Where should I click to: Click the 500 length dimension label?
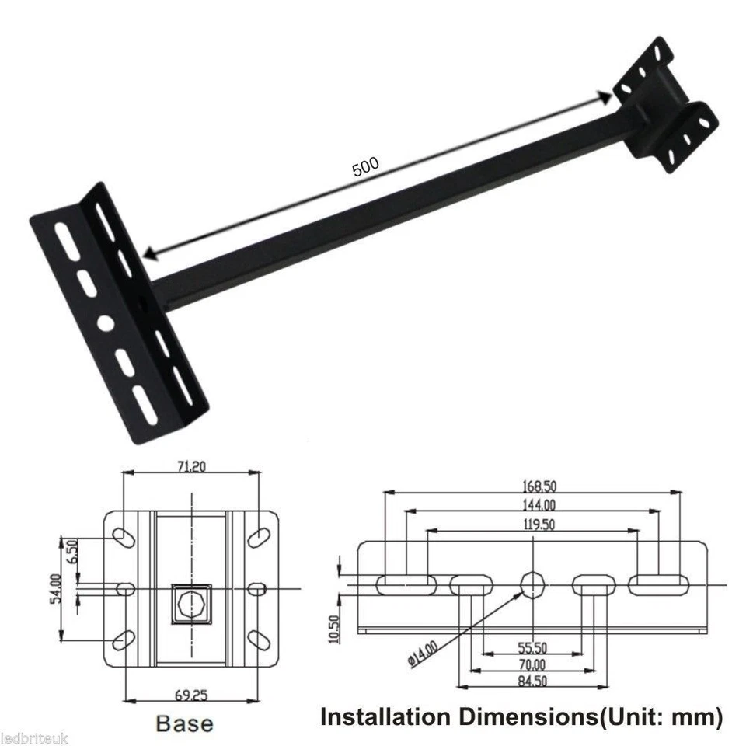point(365,167)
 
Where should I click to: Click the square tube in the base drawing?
point(190,601)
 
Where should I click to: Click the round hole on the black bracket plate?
point(106,322)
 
